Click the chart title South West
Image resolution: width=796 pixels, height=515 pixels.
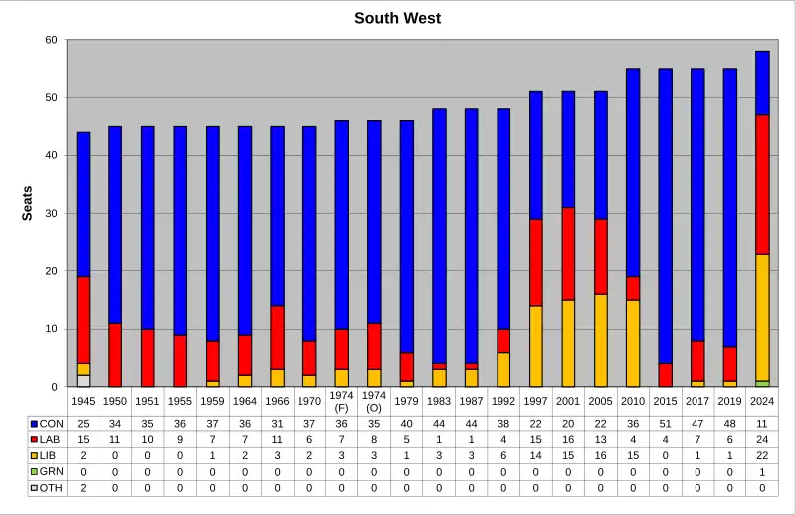click(x=398, y=18)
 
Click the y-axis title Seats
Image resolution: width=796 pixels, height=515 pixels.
click(x=28, y=203)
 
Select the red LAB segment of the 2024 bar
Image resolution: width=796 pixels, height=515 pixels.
click(x=762, y=184)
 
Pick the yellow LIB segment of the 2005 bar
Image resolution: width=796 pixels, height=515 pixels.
click(x=600, y=340)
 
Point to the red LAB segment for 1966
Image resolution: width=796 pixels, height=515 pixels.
click(x=277, y=337)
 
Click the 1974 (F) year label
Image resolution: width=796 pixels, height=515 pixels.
click(x=341, y=400)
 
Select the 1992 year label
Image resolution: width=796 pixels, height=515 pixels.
click(x=503, y=400)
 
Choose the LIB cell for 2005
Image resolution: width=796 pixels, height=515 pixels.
click(x=600, y=456)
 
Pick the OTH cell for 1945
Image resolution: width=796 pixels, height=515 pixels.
click(x=83, y=488)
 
